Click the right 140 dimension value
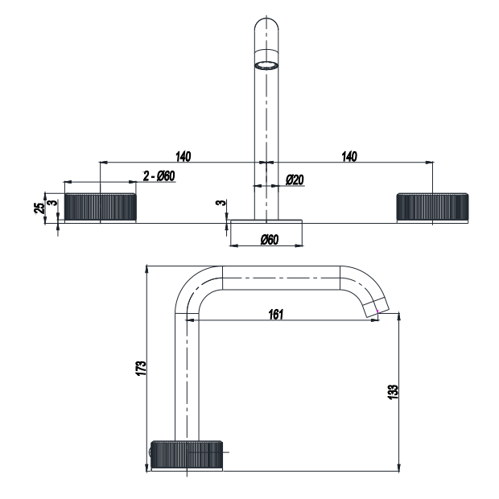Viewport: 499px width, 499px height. (348, 155)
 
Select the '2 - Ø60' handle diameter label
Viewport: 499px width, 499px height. (159, 176)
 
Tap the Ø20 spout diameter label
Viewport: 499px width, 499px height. (294, 180)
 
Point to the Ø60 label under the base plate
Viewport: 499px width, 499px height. (268, 240)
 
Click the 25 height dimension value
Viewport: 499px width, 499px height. (39, 208)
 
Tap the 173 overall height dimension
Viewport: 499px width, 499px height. (141, 368)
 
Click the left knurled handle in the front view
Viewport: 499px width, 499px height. (100, 208)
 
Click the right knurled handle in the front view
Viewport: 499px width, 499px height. (432, 208)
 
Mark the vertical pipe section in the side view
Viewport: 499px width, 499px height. (187, 370)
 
